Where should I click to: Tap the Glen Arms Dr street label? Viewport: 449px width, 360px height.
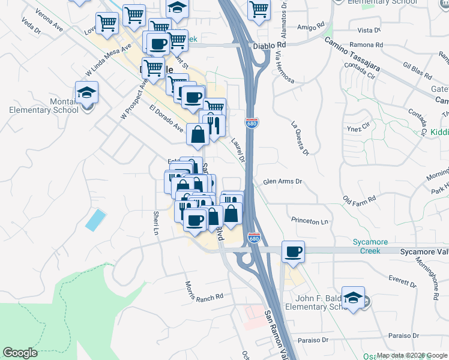(x=282, y=182)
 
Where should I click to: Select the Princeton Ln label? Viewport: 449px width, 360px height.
(x=310, y=221)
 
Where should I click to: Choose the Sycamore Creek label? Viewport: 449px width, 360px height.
(x=370, y=246)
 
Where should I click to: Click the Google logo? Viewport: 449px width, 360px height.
(x=20, y=353)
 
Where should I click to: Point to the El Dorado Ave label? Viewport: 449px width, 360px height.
(x=167, y=119)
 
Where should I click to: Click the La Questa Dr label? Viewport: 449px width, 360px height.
(x=299, y=139)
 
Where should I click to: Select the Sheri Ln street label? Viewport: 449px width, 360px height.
(x=156, y=223)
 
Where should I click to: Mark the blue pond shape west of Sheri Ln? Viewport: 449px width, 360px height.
(x=95, y=220)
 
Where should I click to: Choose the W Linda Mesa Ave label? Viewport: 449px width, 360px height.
(x=108, y=60)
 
